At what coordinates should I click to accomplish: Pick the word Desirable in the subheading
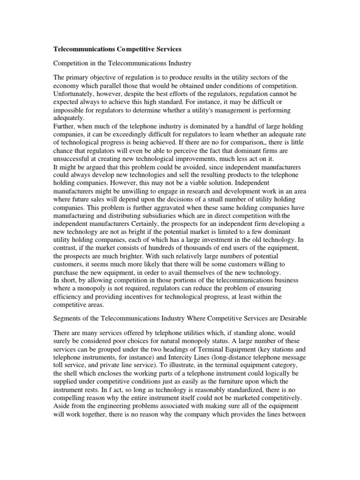pos(291,318)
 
